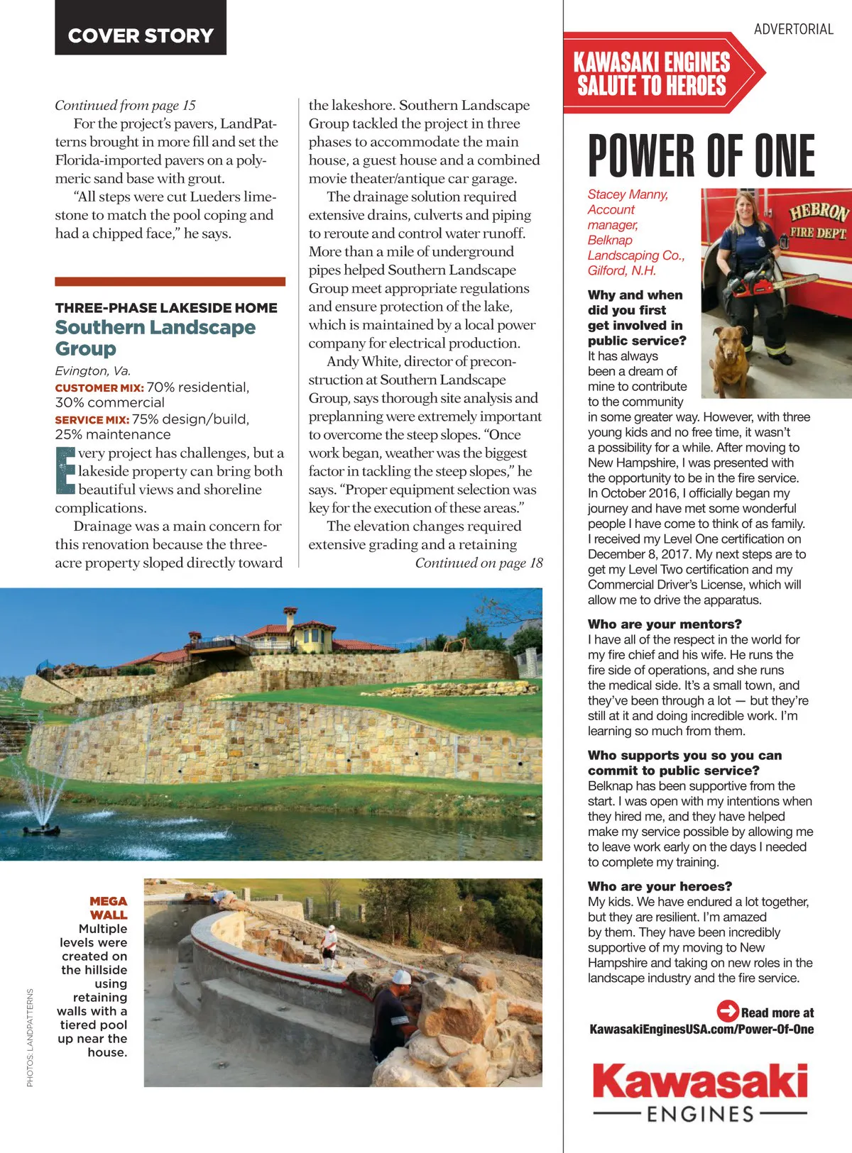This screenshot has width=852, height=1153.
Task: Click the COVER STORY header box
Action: click(141, 28)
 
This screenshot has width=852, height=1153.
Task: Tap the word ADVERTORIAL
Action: click(793, 29)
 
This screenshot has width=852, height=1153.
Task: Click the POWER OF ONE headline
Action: click(701, 155)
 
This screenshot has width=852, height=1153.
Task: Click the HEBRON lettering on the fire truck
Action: click(819, 212)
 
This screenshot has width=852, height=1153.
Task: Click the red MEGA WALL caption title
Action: click(109, 907)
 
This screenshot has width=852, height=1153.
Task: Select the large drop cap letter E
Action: click(65, 470)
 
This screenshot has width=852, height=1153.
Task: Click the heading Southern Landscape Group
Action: click(155, 338)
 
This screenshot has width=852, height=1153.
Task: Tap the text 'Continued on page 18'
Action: click(479, 563)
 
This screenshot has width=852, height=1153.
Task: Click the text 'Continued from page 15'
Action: click(125, 105)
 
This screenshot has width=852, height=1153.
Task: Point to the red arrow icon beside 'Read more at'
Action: click(727, 1010)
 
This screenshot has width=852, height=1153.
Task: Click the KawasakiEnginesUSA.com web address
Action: click(701, 1029)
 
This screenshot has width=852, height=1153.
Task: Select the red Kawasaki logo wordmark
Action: click(700, 1083)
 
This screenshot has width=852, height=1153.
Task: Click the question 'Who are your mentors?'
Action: click(665, 624)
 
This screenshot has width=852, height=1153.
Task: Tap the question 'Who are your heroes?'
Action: click(660, 886)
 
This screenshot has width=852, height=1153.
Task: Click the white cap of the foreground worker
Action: click(402, 977)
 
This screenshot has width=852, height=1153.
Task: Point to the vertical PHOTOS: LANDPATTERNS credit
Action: click(30, 1037)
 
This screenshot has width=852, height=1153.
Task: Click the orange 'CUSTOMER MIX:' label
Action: click(99, 387)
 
